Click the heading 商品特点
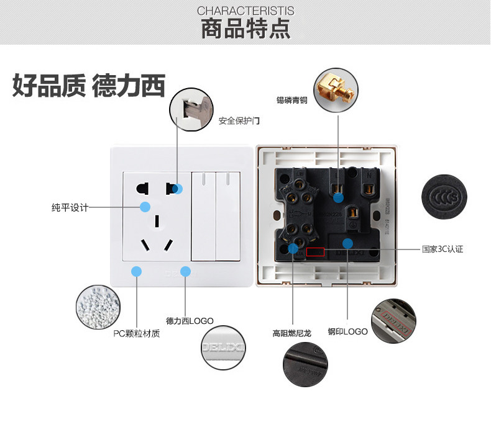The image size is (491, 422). pyautogui.click(x=245, y=29)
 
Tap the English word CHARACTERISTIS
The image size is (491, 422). pyautogui.click(x=245, y=11)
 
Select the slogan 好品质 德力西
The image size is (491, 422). pyautogui.click(x=88, y=86)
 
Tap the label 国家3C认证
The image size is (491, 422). pyautogui.click(x=442, y=249)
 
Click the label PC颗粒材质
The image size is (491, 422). pyautogui.click(x=136, y=334)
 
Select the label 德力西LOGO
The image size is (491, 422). pyautogui.click(x=190, y=321)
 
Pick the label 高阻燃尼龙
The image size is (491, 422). pyautogui.click(x=291, y=332)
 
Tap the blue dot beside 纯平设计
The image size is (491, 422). pyautogui.click(x=145, y=207)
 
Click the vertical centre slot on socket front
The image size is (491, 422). pyautogui.click(x=158, y=220)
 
